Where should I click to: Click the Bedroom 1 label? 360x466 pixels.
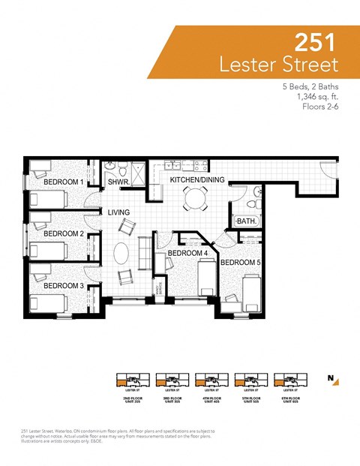point(63,182)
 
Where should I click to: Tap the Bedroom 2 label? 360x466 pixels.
point(63,233)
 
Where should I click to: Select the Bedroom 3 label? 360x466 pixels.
point(63,285)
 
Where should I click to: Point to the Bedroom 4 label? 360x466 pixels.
point(187,253)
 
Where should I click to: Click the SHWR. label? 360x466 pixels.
point(119,182)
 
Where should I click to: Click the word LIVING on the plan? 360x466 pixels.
point(119,212)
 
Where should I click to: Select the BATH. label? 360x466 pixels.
point(246,221)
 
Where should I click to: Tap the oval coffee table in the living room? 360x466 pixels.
point(121,252)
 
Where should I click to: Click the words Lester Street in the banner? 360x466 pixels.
point(278,64)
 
